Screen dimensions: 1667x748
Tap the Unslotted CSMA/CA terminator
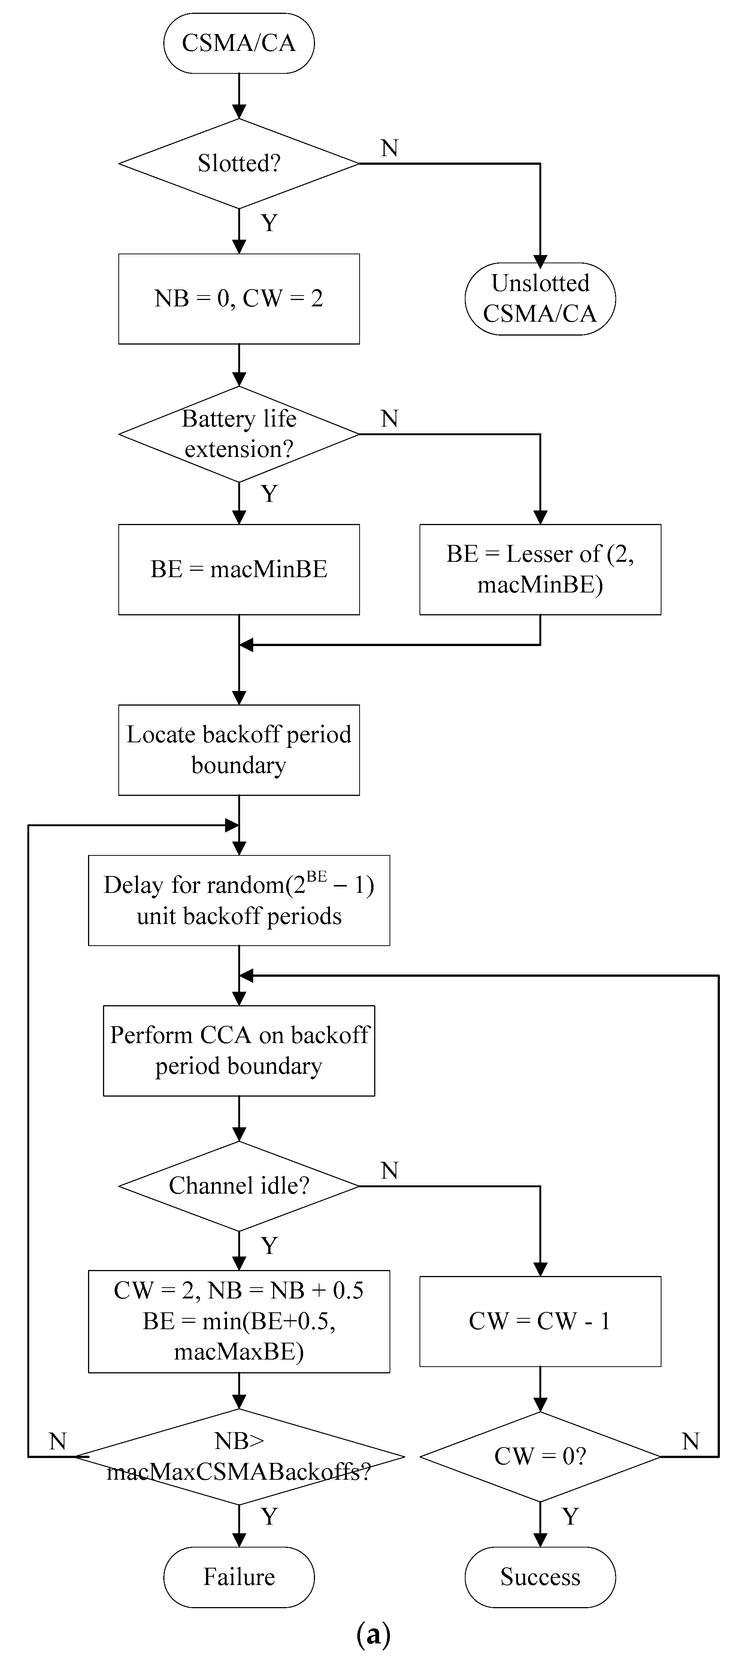pos(540,298)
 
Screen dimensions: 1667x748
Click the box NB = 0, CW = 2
pos(239,298)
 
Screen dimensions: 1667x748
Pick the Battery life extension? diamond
pos(239,434)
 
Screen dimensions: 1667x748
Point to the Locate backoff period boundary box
pos(239,750)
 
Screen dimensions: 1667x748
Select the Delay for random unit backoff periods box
pos(239,900)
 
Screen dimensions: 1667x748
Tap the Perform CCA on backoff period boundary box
pos(239,1050)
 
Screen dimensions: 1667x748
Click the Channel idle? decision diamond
pos(239,1185)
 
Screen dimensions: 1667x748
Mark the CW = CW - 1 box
pos(540,1321)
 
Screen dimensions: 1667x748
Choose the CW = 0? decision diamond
pos(540,1456)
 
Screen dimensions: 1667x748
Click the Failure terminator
pos(239,1576)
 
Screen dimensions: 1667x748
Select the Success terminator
pos(540,1576)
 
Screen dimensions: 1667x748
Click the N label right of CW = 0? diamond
pos(690,1441)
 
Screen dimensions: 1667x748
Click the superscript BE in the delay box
pos(317,877)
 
